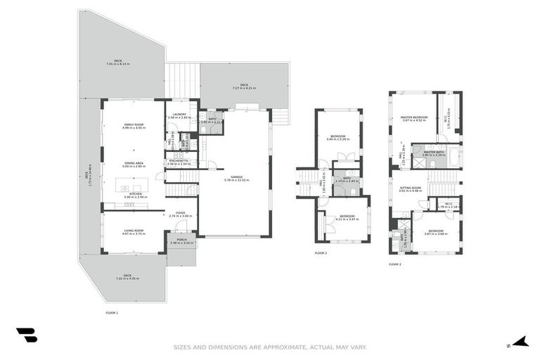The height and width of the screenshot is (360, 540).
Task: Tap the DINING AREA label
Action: [x=134, y=164]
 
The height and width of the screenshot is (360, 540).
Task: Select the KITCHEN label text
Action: [x=135, y=193]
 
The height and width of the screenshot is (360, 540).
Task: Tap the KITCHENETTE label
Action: [x=179, y=161]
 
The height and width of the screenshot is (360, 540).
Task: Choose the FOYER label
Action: [x=181, y=214]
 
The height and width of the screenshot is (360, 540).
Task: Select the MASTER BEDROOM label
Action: [x=414, y=117]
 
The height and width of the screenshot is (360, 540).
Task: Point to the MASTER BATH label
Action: [x=434, y=153]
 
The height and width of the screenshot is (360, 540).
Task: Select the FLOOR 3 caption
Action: [x=394, y=264]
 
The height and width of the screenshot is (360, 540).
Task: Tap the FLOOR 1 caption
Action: [x=112, y=311]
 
